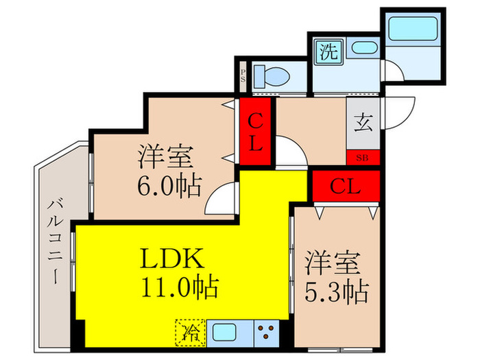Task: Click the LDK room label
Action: pyautogui.click(x=173, y=259)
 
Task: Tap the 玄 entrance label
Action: pyautogui.click(x=363, y=123)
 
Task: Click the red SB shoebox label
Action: pyautogui.click(x=362, y=158)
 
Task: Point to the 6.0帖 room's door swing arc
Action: pyautogui.click(x=220, y=201)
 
